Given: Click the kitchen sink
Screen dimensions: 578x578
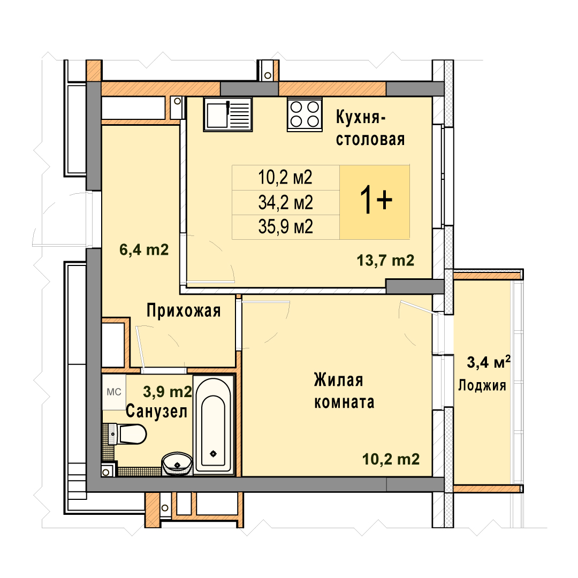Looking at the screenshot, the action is coord(228,115).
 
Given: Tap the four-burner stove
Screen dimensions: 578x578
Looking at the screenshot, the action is coord(305,115).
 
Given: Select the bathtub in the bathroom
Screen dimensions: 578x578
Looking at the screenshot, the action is coord(214,424).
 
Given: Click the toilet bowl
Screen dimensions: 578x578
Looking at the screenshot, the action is coord(128,433).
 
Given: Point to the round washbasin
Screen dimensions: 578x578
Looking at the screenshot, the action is coord(177,464).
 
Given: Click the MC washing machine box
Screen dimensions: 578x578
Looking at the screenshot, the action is coord(114,392).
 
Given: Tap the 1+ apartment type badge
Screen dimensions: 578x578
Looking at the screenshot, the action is coord(375,202).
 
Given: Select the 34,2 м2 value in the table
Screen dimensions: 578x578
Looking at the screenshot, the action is coord(285,202).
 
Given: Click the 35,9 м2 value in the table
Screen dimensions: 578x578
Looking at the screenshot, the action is coord(285,227).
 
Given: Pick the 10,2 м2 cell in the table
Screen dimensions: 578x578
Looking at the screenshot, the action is coord(285,177).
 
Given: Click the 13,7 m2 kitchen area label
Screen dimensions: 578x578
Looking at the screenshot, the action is coord(385,261).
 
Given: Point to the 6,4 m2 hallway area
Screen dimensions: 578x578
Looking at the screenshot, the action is coord(144,250).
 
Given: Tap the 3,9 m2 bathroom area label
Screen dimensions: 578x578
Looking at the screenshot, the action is coord(168,391).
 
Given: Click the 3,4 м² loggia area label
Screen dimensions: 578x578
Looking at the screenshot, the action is coord(489,362).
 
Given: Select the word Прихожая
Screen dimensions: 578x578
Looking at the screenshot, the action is coord(184,310).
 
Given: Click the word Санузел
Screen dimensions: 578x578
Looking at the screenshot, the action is coord(156,411).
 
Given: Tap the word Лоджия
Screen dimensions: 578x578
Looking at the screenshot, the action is coord(482,385).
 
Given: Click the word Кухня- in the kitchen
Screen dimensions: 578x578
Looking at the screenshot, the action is coord(361,118).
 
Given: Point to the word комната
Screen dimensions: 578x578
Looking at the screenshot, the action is coord(344,402).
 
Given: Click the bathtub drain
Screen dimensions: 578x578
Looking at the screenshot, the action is coord(213,454).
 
